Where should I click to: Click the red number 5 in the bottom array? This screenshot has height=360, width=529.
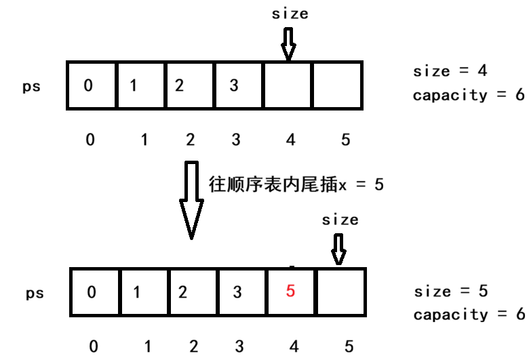tap(291, 292)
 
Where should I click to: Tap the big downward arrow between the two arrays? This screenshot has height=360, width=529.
tap(191, 200)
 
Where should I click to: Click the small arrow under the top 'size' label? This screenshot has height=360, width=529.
tap(289, 45)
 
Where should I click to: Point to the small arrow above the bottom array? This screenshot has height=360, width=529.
tap(338, 249)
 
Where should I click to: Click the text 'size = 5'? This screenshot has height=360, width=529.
tap(451, 292)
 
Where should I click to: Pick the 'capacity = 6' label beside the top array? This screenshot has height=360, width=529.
tap(469, 95)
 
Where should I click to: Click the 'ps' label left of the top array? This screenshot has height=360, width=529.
tap(32, 87)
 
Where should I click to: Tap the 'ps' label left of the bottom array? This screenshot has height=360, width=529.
tap(35, 294)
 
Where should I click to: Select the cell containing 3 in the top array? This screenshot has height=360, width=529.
tap(238, 85)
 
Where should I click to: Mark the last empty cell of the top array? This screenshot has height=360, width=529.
tap(337, 85)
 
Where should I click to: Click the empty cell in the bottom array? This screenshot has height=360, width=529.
tap(341, 292)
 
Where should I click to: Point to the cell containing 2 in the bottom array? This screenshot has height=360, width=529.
tap(193, 292)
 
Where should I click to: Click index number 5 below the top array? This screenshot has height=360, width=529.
tap(345, 140)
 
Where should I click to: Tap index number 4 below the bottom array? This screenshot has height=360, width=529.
tap(294, 346)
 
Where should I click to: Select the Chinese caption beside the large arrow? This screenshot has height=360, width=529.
tap(296, 184)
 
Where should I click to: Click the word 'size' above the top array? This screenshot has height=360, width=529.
tap(290, 14)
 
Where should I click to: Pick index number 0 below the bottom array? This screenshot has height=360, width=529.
tap(94, 346)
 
